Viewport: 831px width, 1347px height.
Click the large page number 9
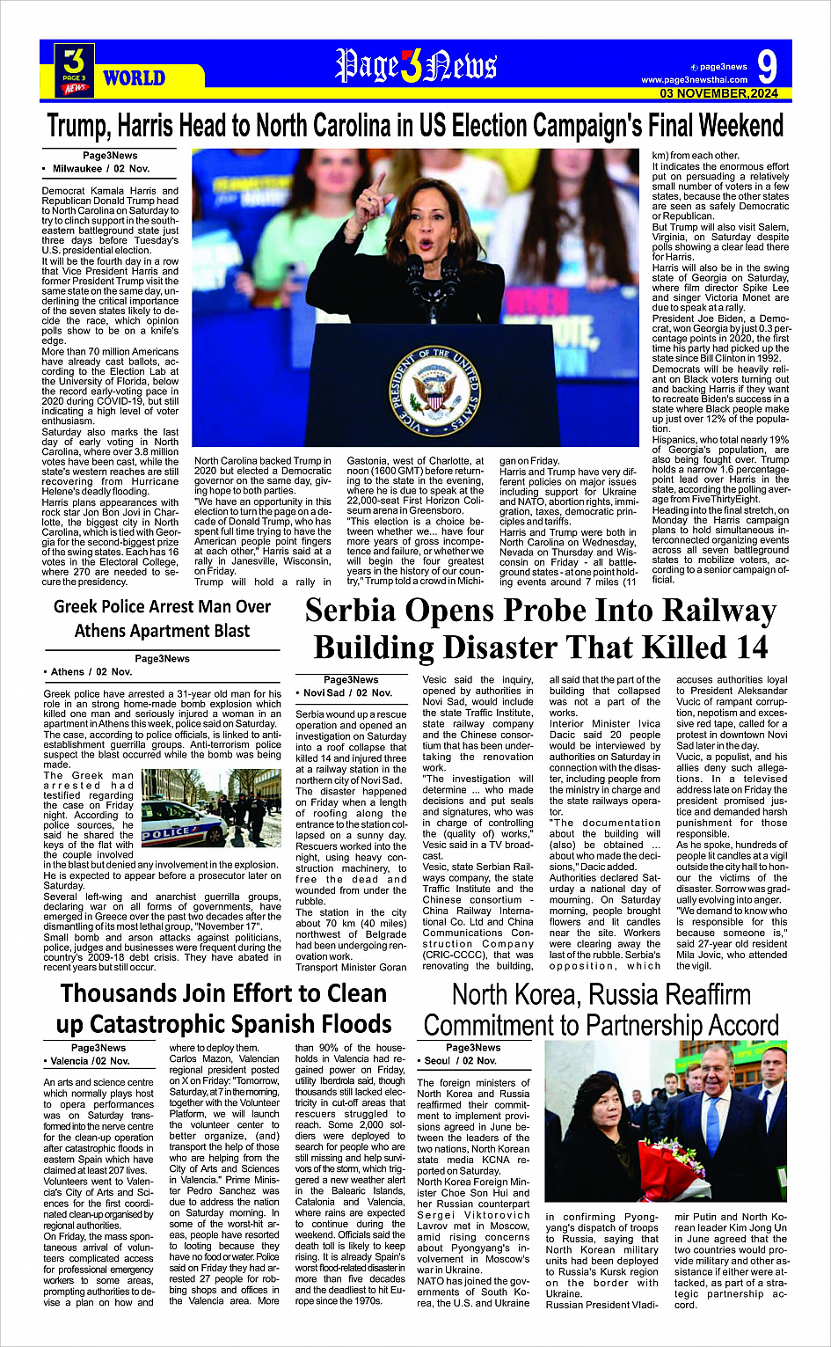(x=766, y=68)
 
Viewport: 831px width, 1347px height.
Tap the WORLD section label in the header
(x=134, y=78)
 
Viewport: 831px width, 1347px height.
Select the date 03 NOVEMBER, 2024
(x=719, y=93)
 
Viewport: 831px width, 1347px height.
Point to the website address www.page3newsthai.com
(x=694, y=80)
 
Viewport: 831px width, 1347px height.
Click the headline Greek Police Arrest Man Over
(x=162, y=606)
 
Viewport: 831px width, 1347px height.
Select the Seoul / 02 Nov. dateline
(x=462, y=1061)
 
